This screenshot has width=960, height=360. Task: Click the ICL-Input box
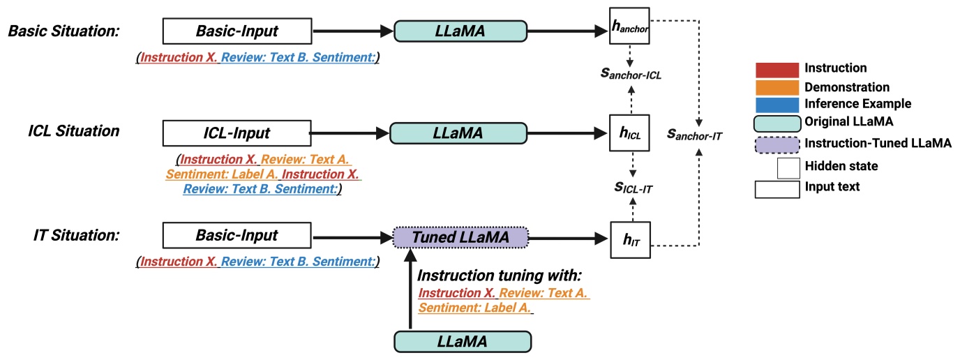(x=236, y=132)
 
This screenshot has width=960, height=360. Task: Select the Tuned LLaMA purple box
(x=461, y=238)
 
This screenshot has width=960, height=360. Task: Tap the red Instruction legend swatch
(x=777, y=69)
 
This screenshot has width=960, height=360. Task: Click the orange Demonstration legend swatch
(x=777, y=87)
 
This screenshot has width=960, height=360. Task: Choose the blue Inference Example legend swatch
(x=777, y=104)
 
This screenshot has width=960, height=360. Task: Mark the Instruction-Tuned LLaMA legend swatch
(x=777, y=144)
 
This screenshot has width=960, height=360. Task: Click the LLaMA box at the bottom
(x=463, y=341)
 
